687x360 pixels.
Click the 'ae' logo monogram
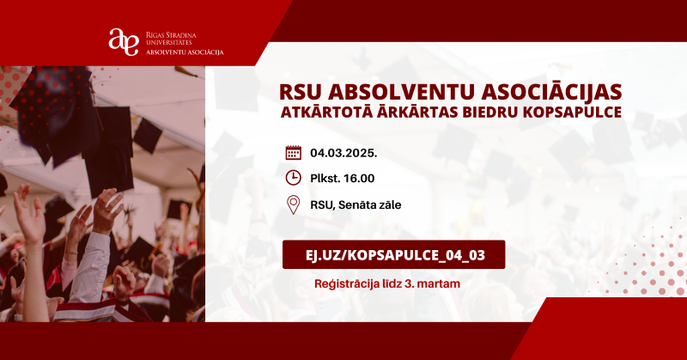(x=123, y=41)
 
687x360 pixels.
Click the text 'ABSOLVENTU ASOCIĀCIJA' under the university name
(x=185, y=52)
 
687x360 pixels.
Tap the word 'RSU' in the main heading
(x=302, y=90)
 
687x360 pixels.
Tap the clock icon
(x=294, y=179)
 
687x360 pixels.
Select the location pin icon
(x=294, y=204)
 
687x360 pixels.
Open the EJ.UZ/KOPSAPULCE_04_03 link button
(x=393, y=255)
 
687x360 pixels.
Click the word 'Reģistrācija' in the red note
(x=349, y=283)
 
